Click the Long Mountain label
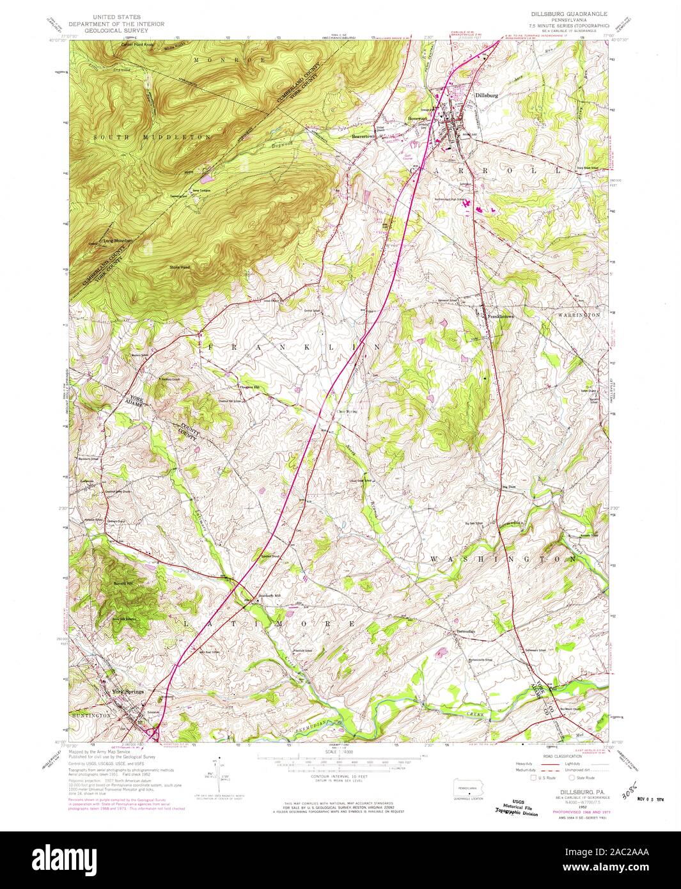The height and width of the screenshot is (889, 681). point(118,240)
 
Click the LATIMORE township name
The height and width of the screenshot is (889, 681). point(269,622)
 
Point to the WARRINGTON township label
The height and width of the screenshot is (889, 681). point(578,315)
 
